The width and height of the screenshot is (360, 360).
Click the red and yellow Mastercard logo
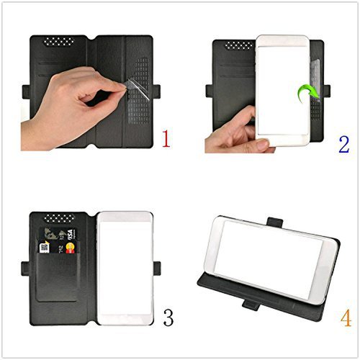pyautogui.click(x=71, y=249)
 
